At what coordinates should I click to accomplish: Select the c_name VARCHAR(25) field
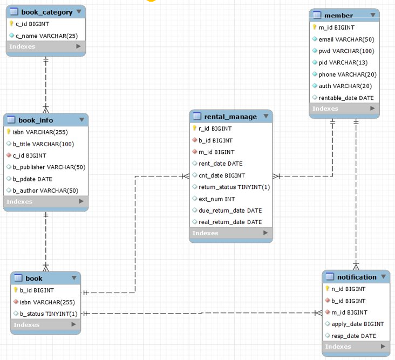point(46,36)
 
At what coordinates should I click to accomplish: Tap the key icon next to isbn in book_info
point(9,132)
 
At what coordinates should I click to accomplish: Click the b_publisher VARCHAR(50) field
point(49,167)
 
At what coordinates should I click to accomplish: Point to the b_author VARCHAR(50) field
point(45,190)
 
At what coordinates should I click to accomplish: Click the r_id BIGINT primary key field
point(215,128)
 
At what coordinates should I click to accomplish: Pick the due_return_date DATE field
point(230,210)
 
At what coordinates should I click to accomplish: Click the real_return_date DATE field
point(230,222)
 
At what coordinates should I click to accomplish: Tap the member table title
point(338,15)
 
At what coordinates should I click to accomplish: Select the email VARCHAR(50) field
point(346,39)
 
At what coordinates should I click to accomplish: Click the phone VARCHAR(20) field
point(348,74)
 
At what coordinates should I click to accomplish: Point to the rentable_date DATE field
point(346,98)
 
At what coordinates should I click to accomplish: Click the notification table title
point(357,277)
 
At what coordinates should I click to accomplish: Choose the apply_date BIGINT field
point(357,324)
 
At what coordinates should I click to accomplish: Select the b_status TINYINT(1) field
point(49,314)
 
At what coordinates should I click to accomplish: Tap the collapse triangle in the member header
point(372,15)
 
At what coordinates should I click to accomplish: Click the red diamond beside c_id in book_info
point(9,155)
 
